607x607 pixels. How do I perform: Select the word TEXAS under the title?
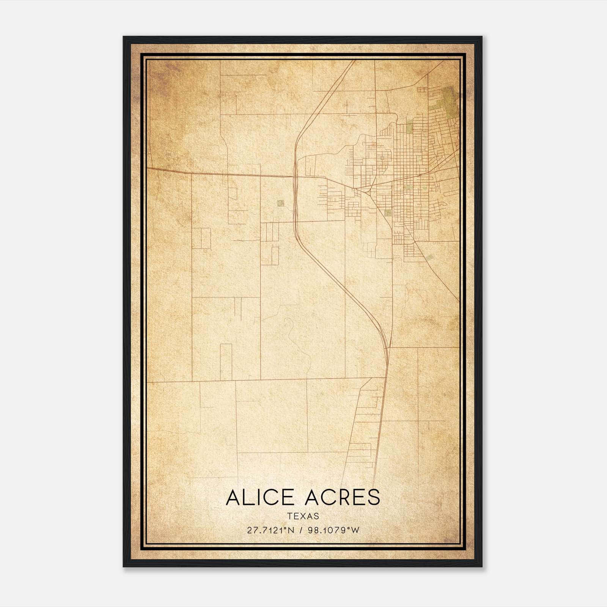[x=303, y=516]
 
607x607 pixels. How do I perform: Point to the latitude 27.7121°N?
[x=270, y=530]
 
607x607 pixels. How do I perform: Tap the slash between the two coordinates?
[x=301, y=530]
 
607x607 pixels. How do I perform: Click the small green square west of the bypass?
[x=280, y=203]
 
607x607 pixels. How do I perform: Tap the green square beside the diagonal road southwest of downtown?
[x=387, y=212]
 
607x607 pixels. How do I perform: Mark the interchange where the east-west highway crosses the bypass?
[x=295, y=176]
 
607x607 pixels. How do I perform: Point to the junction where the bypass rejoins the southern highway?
[x=387, y=347]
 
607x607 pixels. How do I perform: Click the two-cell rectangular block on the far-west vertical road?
[x=201, y=238]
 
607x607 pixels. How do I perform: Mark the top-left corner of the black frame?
[x=124, y=37]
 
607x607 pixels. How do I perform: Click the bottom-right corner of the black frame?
[x=481, y=566]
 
